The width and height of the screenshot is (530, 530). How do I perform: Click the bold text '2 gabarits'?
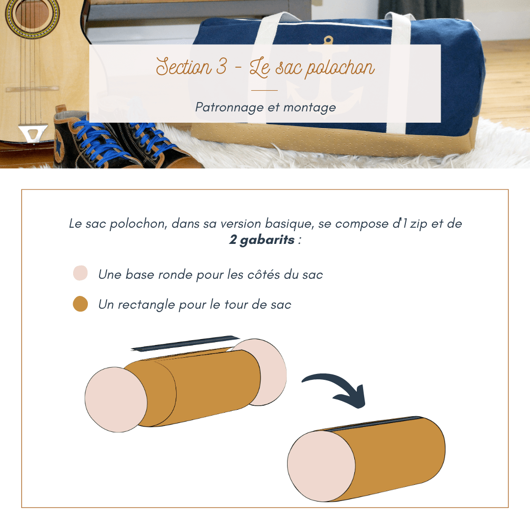point(262,239)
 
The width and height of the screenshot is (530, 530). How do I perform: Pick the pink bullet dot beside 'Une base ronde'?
point(80,273)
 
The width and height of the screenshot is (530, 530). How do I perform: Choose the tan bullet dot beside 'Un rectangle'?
point(80,304)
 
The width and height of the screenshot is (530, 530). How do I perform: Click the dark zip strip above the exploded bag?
point(185,344)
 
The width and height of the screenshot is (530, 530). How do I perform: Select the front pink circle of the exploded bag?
point(116,399)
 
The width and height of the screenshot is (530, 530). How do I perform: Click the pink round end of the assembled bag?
point(321,466)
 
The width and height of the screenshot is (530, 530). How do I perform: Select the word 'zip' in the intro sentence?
point(419,224)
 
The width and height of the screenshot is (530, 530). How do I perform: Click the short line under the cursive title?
point(265,91)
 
